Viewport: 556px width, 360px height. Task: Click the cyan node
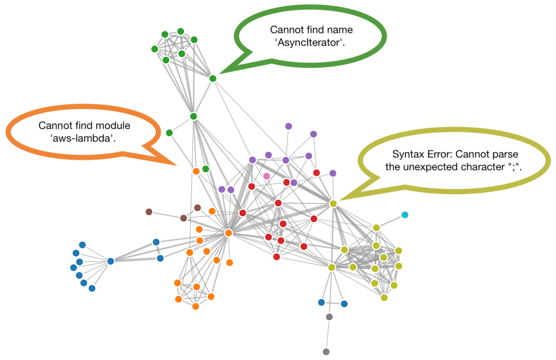tap(405, 215)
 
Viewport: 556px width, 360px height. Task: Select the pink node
tap(266, 176)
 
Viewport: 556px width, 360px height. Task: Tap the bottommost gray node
tap(326, 352)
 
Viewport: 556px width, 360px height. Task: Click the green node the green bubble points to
tap(213, 79)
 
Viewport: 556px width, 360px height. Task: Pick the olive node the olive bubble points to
tap(333, 203)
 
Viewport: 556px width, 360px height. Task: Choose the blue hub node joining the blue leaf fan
tap(111, 261)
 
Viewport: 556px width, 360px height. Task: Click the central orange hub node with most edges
tap(228, 233)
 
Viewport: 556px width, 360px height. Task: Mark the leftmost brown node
tap(149, 212)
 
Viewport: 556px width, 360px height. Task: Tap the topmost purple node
tap(288, 126)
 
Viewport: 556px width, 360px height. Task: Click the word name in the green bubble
tap(340, 30)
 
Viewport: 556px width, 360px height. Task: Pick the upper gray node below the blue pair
tap(329, 317)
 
